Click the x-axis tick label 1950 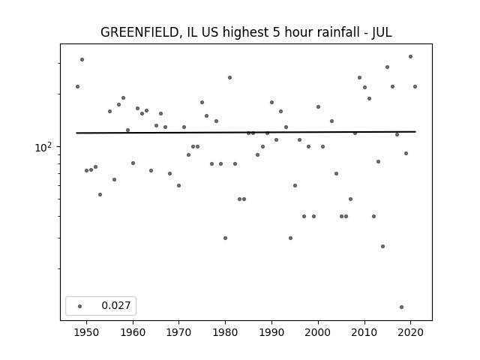coord(86,332)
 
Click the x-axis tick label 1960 coord(133,332)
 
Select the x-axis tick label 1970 coord(179,332)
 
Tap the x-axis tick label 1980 coord(225,332)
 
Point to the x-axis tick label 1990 coord(271,332)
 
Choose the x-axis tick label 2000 coord(318,332)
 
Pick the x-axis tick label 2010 coord(364,332)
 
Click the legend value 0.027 coord(115,305)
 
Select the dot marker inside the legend coord(79,305)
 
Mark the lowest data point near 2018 coord(401,307)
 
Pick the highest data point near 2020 coord(410,56)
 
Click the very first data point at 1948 coord(77,86)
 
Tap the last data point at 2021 coord(415,86)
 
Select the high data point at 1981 coord(229,77)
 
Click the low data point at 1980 coord(225,238)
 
